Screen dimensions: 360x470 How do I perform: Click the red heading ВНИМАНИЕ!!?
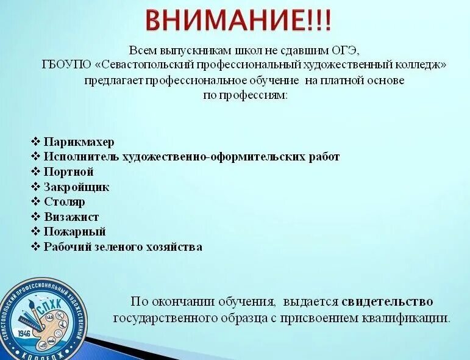238,20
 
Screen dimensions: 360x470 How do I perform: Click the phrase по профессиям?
244,95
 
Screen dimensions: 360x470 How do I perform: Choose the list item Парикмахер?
79,142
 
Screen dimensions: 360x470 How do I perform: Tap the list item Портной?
68,171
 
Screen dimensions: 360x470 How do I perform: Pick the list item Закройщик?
76,187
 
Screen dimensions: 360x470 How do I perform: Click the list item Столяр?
64,202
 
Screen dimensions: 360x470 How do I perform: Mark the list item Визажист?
71,217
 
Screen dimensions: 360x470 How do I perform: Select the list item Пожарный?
74,232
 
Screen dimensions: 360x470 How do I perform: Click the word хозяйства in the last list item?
176,247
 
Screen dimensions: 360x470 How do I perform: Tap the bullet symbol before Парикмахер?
35,142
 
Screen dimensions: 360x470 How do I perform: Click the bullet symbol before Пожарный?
35,232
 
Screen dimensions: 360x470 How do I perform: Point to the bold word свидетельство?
387,301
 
